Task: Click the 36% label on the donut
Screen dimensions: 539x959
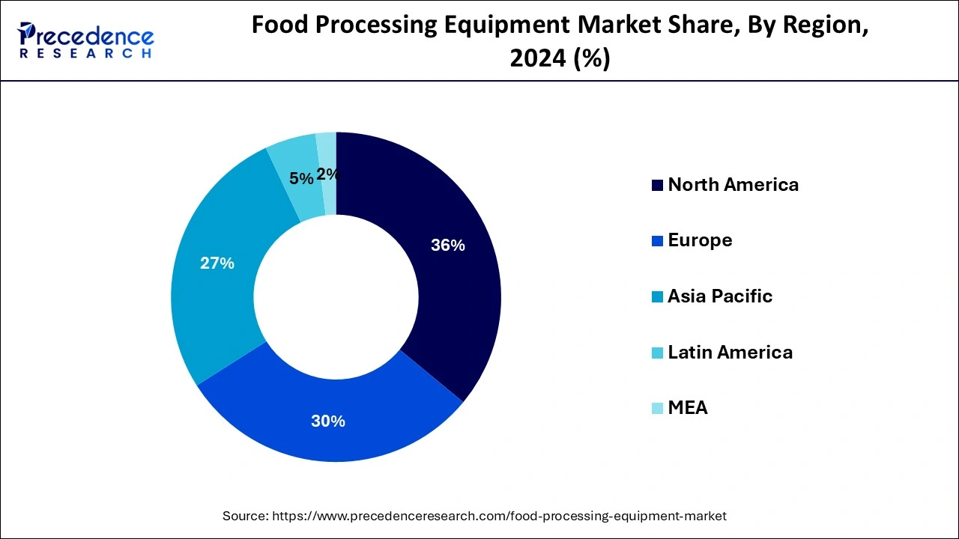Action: coord(448,245)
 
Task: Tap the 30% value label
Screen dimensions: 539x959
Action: coord(328,421)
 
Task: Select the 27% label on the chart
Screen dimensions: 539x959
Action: coord(217,264)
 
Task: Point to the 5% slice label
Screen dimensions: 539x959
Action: coord(301,178)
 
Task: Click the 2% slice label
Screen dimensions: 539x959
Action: coord(328,174)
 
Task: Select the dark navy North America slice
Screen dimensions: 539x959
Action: coord(450,299)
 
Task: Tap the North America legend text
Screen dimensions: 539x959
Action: coord(733,185)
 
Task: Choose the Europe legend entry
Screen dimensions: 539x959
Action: coord(700,240)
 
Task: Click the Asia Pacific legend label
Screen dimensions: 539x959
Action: coord(719,296)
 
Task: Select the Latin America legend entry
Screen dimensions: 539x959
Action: coord(730,352)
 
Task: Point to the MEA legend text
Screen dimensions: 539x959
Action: coord(687,408)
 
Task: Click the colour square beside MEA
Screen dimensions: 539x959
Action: coord(657,409)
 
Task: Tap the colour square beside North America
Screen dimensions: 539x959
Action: coord(657,186)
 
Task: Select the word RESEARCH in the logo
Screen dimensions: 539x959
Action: coord(85,54)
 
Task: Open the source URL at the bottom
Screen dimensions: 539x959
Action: coord(499,516)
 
